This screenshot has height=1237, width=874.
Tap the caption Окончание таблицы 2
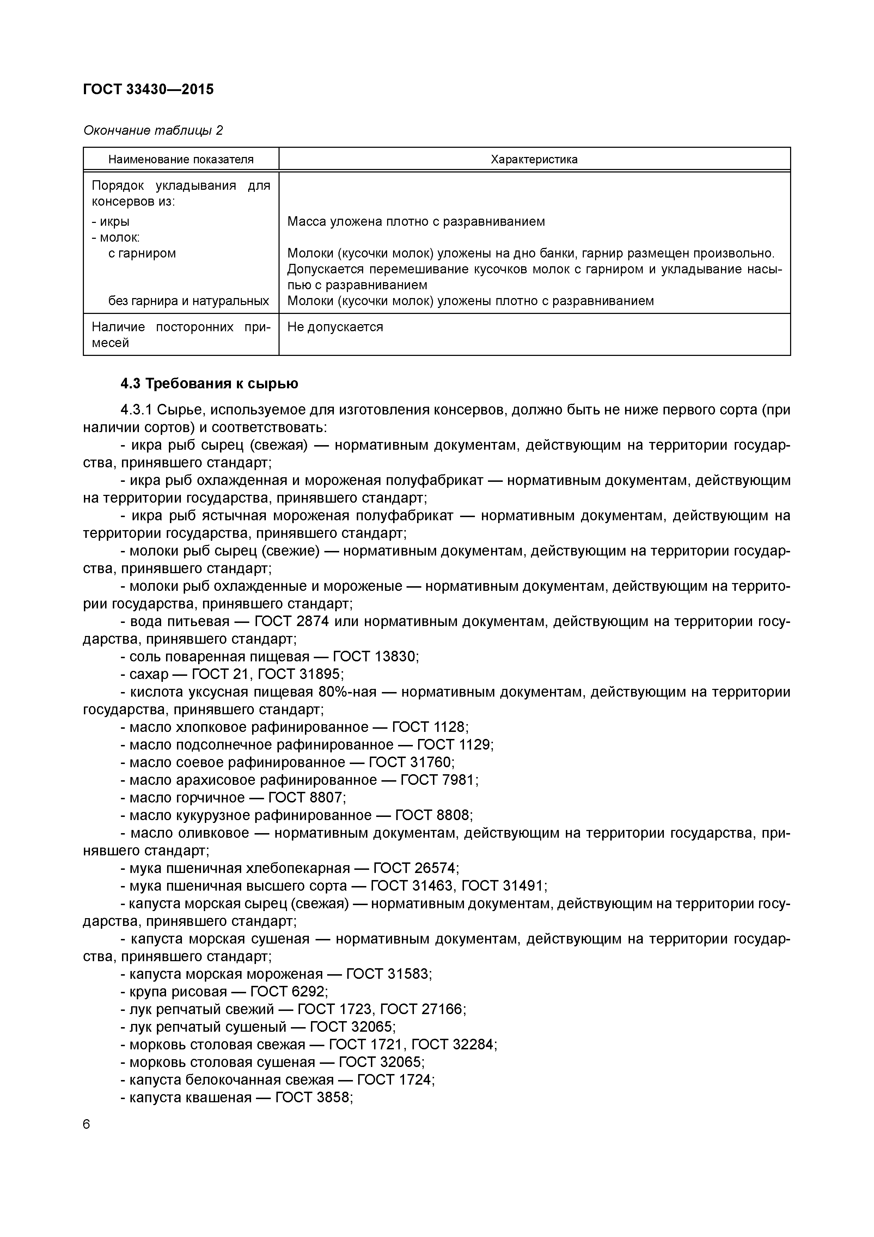click(153, 131)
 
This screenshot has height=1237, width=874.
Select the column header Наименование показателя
click(181, 159)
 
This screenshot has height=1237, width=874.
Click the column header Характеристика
click(534, 159)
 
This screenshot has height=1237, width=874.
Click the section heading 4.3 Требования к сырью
click(209, 384)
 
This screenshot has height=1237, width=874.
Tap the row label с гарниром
click(142, 253)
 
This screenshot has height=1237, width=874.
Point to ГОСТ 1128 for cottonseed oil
click(429, 727)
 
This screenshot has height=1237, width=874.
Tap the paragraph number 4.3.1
click(137, 410)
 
